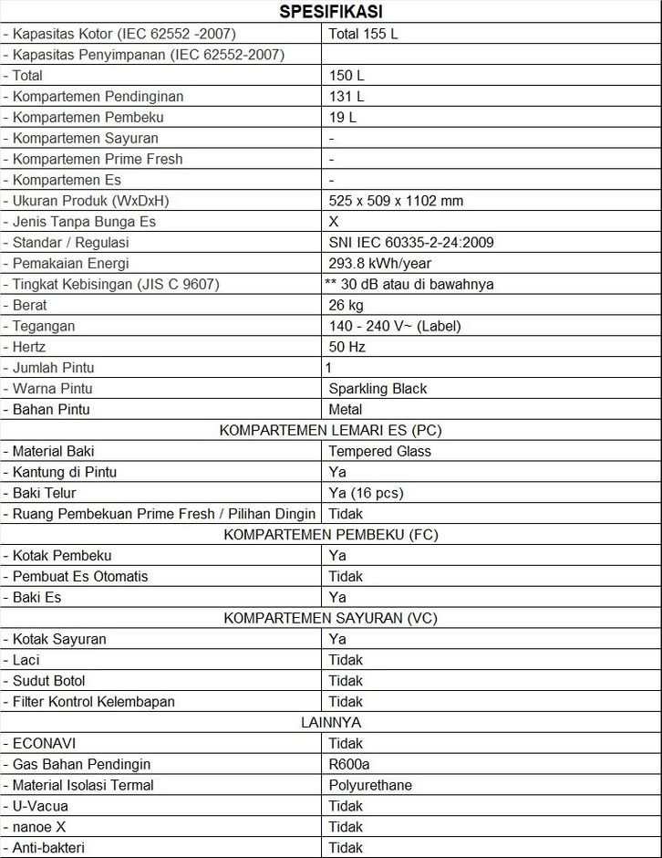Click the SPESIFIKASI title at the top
pos(330,12)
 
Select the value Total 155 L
pos(364,34)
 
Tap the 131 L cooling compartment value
pos(347,96)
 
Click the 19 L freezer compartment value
pos(343,117)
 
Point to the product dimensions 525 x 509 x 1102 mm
pos(396,201)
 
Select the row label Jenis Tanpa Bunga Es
pos(84,222)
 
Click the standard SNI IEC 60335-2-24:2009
pos(411,243)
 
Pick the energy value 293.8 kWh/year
pos(380,264)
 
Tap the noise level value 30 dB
pos(410,285)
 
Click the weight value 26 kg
pos(346,305)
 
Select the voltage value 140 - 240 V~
pos(395,326)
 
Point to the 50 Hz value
pos(346,347)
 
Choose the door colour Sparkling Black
pos(378,389)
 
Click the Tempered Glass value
pos(380,451)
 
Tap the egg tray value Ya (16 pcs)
pos(366,493)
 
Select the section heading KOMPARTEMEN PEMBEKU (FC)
pos(330,534)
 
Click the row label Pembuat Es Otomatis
pos(80,576)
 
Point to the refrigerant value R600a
pos(350,764)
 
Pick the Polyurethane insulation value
pos(370,785)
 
